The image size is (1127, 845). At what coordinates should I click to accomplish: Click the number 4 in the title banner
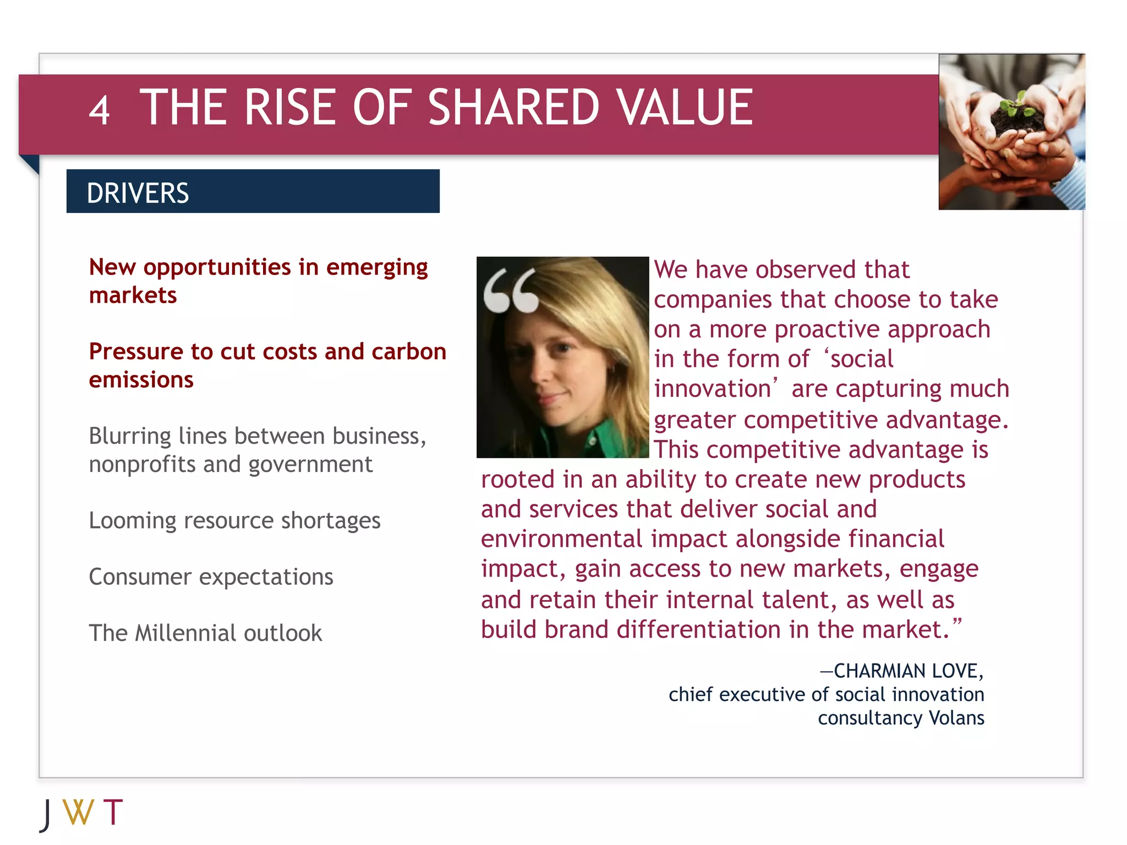click(99, 111)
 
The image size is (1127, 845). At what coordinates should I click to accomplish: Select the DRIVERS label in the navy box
click(138, 193)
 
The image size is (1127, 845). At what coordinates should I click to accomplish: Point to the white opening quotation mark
click(511, 291)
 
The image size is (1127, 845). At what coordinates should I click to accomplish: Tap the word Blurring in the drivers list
click(130, 436)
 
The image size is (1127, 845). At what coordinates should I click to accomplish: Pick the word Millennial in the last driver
click(185, 633)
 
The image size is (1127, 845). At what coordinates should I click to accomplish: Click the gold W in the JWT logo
click(78, 812)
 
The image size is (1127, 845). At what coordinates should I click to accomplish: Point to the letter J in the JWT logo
click(46, 814)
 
